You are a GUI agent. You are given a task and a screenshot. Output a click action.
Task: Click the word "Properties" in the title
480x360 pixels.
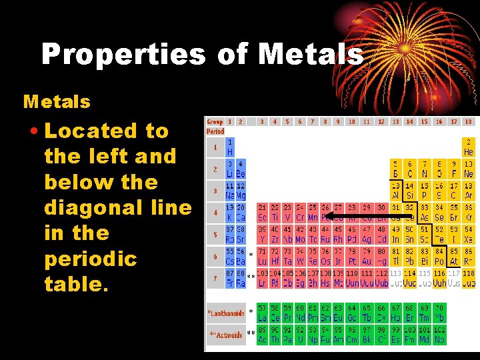tap(123, 54)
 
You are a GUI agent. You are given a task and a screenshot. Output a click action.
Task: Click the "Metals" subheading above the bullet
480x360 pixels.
tap(57, 102)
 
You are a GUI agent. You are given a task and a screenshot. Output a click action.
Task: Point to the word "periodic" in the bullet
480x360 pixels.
tap(90, 259)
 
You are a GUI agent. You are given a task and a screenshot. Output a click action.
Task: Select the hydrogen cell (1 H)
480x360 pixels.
tap(230, 146)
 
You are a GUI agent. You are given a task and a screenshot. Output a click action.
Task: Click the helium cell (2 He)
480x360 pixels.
tap(468, 146)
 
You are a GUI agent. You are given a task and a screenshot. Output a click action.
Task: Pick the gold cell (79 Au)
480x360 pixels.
tap(367, 257)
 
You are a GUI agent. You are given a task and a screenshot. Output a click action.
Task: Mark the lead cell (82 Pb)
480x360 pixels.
tap(410, 257)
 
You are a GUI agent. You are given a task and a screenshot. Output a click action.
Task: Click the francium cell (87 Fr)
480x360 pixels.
tap(230, 279)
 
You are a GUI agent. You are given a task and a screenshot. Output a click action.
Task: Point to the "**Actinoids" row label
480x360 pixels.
tap(225, 334)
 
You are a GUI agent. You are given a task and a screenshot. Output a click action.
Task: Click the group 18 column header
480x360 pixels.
tap(468, 122)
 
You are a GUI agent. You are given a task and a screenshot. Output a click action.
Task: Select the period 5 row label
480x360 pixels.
tap(215, 235)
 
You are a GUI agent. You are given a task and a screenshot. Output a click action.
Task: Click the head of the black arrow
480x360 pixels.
tap(327, 216)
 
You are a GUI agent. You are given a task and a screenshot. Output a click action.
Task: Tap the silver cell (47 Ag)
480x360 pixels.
tap(367, 235)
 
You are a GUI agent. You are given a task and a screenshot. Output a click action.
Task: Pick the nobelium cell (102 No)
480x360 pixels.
tap(439, 334)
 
